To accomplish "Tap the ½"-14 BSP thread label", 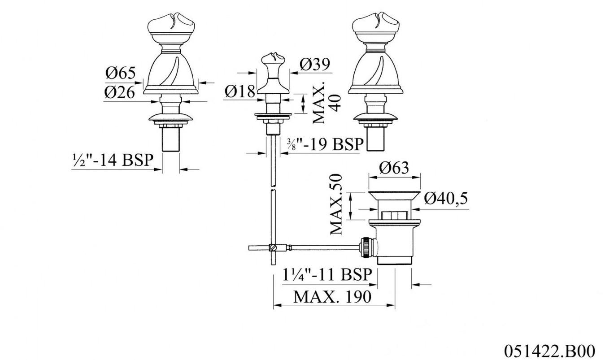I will click(113, 160).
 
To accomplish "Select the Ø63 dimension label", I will click(394, 168).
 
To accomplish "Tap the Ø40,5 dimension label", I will click(446, 198).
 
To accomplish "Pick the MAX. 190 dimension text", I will click(332, 296).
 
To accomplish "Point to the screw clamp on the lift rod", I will click(274, 247).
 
